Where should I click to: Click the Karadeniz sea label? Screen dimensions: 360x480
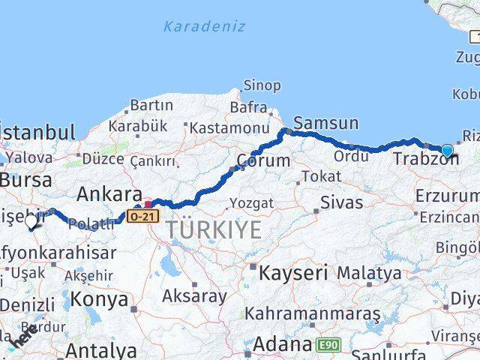point(205,26)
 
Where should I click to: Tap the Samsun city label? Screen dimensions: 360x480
point(326,122)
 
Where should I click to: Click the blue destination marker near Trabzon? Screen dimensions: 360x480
point(447,151)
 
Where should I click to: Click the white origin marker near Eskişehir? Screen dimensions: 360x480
point(31,222)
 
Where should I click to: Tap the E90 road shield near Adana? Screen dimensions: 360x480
point(327,346)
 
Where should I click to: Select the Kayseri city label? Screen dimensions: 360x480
point(293,273)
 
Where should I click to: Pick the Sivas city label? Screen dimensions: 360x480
point(341,202)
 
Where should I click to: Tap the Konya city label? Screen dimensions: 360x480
point(100,300)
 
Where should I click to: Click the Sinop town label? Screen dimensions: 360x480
point(262,86)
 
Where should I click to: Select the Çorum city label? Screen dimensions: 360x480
point(263,160)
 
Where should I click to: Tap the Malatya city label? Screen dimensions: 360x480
point(368,274)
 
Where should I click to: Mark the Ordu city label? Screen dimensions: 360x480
point(351,156)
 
